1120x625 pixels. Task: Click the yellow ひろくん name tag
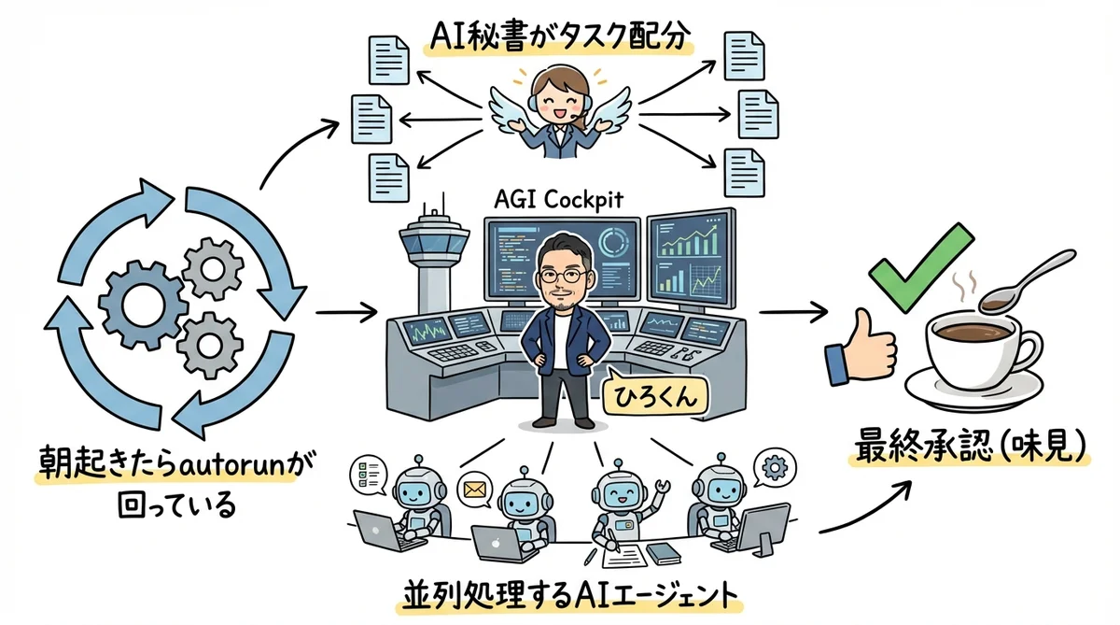coord(654,396)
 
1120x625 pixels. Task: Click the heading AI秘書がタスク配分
coord(558,36)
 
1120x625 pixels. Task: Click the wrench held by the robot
coord(664,486)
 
